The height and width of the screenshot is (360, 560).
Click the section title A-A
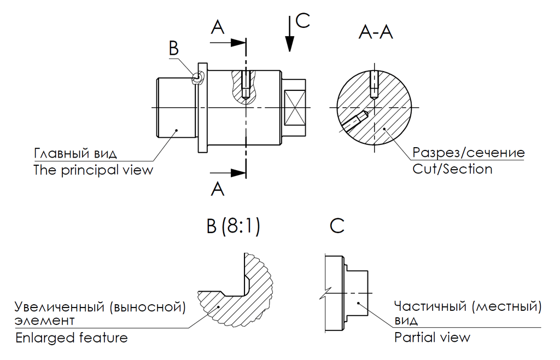point(376,32)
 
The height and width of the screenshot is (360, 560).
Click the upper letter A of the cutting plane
point(218,27)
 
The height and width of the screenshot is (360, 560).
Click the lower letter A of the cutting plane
point(218,189)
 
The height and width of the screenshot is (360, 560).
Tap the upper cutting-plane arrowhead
point(238,43)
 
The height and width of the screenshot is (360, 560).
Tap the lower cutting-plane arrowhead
point(238,173)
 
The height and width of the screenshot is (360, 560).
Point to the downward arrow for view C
point(290,33)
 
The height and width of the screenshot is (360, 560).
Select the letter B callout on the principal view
point(173,48)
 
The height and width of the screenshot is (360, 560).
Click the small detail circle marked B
point(196,77)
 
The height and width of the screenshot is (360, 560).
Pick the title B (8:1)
point(233,226)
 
